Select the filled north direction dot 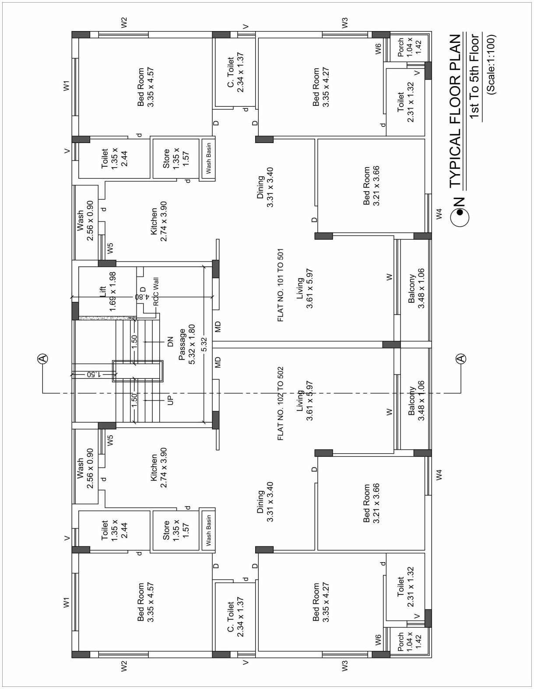[460, 213]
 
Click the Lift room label [107, 292]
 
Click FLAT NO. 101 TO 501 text [281, 285]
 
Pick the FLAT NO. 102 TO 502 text [281, 403]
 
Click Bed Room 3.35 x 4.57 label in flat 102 [146, 602]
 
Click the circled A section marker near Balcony [461, 359]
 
